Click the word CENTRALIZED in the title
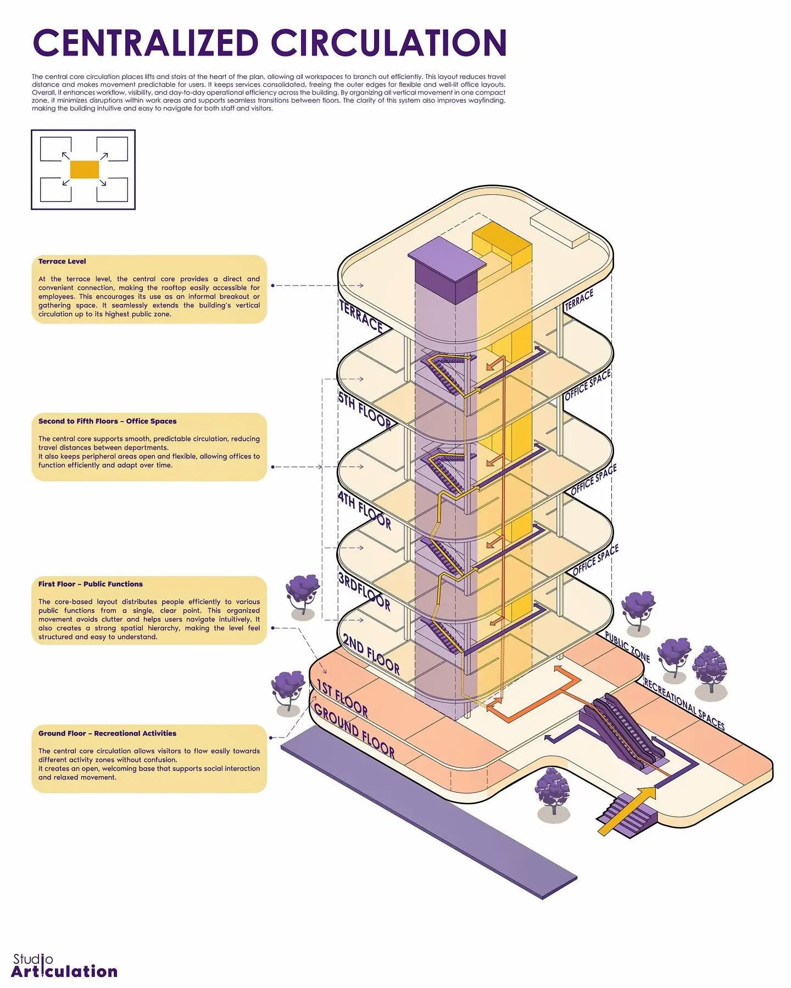pyautogui.click(x=146, y=43)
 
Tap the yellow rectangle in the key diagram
pyautogui.click(x=84, y=170)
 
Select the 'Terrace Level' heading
pyautogui.click(x=62, y=261)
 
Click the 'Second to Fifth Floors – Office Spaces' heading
pyautogui.click(x=108, y=421)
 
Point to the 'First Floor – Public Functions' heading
pyautogui.click(x=91, y=584)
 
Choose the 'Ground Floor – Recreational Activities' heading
pyautogui.click(x=108, y=733)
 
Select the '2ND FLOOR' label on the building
pyautogui.click(x=371, y=654)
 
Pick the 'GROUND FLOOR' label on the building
pyautogui.click(x=354, y=731)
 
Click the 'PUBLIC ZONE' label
pyautogui.click(x=627, y=647)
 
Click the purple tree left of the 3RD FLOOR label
pyautogui.click(x=302, y=597)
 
